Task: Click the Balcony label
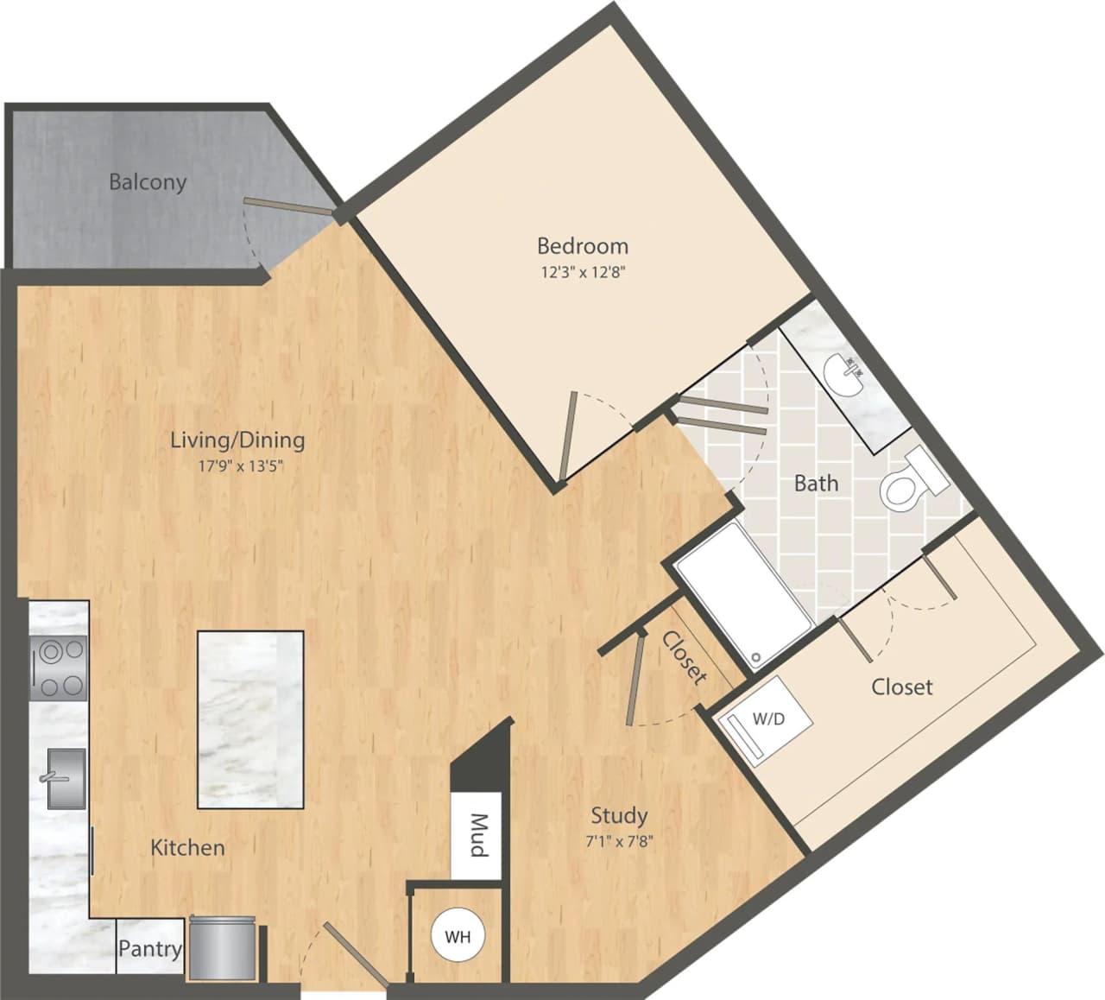point(148,182)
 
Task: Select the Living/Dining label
point(237,440)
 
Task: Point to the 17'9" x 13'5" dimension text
point(237,466)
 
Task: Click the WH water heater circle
point(458,936)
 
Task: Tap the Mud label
point(477,835)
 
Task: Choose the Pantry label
point(150,949)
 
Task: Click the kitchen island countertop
point(250,719)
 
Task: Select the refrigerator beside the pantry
point(223,948)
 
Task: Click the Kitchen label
point(187,847)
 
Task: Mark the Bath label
point(816,483)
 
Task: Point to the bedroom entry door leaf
point(566,436)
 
